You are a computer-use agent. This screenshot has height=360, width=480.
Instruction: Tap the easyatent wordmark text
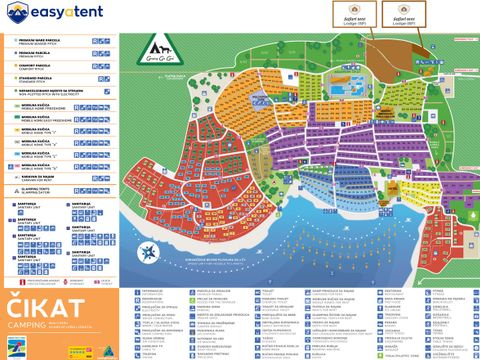(x=70, y=13)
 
